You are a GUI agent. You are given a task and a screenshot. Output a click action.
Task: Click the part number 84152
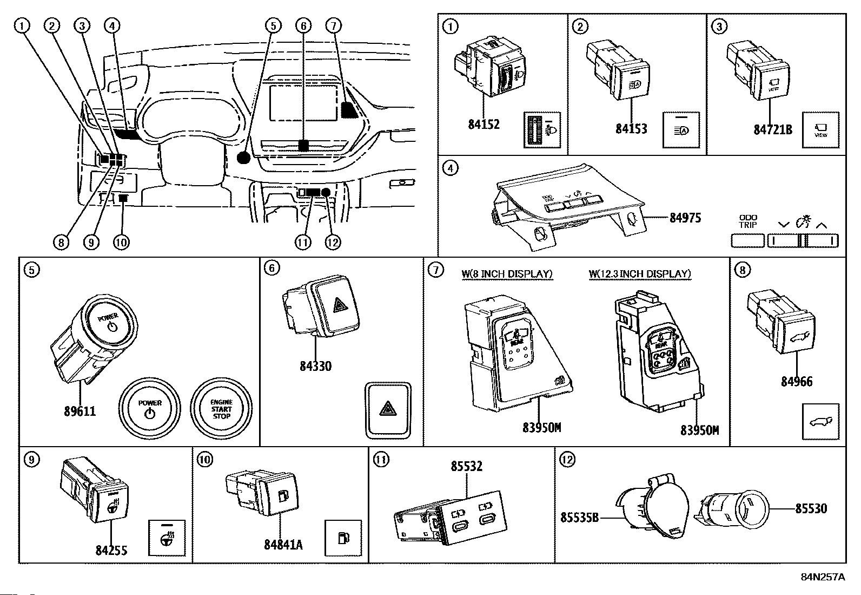484,125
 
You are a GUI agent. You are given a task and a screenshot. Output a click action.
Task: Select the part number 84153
631,129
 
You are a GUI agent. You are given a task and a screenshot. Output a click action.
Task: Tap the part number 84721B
773,129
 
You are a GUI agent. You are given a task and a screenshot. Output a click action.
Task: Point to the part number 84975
685,218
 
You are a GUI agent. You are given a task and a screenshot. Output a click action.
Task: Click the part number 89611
80,411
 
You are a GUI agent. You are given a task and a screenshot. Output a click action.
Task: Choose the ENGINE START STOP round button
221,409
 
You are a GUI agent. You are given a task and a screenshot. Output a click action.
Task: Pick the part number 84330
315,367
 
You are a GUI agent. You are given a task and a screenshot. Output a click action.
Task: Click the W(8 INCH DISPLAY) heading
507,274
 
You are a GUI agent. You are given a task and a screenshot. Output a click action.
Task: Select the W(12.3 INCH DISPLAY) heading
640,274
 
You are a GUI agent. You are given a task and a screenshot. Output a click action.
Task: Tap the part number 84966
797,382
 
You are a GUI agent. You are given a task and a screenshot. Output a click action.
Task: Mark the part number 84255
111,550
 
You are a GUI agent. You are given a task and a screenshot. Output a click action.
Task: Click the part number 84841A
283,545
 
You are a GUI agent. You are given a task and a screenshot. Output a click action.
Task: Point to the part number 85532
467,466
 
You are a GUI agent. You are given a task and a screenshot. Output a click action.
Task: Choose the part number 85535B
579,517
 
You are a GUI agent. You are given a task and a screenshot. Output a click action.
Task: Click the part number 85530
811,508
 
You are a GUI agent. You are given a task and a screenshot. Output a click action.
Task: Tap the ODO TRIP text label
748,221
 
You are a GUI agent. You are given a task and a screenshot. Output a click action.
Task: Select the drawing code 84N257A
823,577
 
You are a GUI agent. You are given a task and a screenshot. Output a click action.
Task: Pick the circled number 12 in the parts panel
567,460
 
